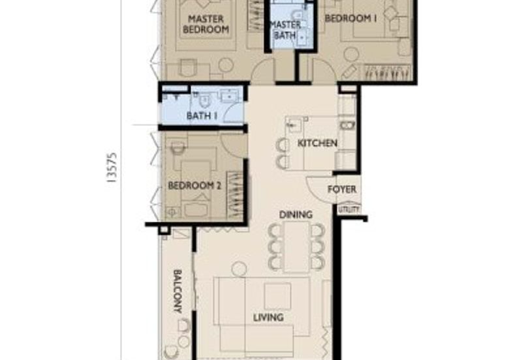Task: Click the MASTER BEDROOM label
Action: (x=206, y=24)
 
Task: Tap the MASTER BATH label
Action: (x=286, y=30)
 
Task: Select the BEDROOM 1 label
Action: (x=350, y=19)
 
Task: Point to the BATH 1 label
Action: (x=202, y=116)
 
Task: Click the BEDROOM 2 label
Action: (x=194, y=186)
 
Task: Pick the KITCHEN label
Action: (x=317, y=143)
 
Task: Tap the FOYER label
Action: (x=342, y=190)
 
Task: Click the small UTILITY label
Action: (x=348, y=209)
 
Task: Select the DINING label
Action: (x=296, y=215)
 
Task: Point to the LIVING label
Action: (x=268, y=318)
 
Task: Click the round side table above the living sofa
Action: (x=239, y=268)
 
